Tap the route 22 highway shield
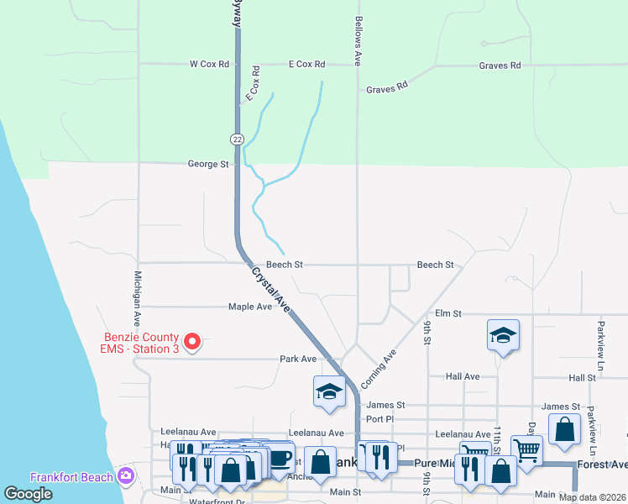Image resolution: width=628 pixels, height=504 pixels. tap(238, 139)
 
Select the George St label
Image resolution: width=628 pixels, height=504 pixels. tap(208, 165)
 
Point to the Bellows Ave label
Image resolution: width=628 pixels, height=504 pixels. tap(358, 40)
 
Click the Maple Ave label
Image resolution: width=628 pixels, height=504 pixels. tap(250, 307)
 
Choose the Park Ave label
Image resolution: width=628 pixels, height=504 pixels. tap(298, 359)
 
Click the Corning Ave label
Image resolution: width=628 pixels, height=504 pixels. tap(378, 370)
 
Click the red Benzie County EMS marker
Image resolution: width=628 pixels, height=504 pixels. tap(192, 341)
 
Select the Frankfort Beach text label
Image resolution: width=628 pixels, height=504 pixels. tap(71, 477)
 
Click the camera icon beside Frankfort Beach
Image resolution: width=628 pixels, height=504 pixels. tap(127, 476)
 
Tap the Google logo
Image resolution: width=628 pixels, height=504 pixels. tap(29, 494)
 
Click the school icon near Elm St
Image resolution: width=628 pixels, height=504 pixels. tap(503, 335)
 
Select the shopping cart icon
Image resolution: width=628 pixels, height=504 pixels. tap(526, 451)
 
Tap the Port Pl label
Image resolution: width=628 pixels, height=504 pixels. tap(379, 419)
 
